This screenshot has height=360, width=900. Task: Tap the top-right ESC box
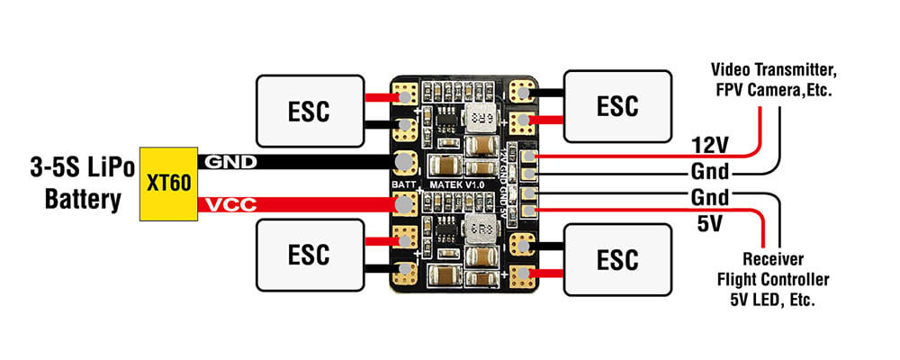point(618,105)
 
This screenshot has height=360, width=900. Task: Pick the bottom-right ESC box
point(618,259)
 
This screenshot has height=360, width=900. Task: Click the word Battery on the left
point(81,198)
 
